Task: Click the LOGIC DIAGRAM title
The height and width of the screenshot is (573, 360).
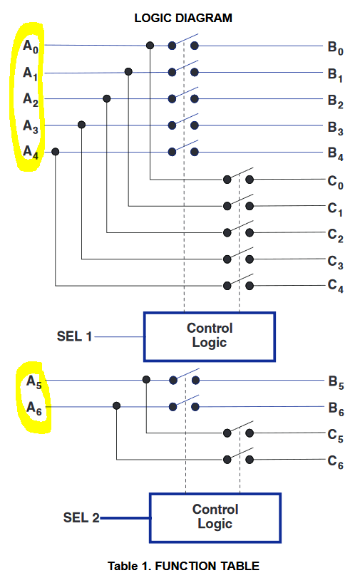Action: click(x=183, y=18)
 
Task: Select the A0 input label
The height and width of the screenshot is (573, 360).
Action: click(x=31, y=46)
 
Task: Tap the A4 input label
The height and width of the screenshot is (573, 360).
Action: click(x=31, y=152)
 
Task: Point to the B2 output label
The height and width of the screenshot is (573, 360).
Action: click(x=336, y=101)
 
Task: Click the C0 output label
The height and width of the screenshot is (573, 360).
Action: click(x=336, y=182)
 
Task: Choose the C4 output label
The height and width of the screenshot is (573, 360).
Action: click(x=336, y=286)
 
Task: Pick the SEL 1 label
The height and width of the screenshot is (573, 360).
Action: click(x=74, y=336)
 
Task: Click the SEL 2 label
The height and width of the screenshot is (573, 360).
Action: click(x=81, y=517)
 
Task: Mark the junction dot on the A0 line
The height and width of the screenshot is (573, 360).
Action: click(x=150, y=46)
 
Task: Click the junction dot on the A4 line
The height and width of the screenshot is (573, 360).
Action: click(x=55, y=151)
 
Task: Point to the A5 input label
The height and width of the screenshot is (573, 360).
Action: click(x=34, y=382)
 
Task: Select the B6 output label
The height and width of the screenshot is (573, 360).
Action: click(x=336, y=409)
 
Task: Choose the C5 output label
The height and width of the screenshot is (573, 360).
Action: click(x=336, y=435)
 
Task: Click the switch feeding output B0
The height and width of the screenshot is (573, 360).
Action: click(x=183, y=42)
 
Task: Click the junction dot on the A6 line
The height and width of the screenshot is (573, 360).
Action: click(x=117, y=406)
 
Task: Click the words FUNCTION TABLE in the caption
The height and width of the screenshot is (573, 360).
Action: click(x=207, y=566)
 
